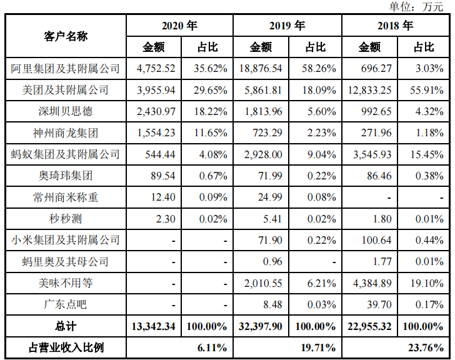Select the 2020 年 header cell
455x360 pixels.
click(x=179, y=26)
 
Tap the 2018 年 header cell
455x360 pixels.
click(x=396, y=26)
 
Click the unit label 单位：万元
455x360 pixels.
click(x=416, y=7)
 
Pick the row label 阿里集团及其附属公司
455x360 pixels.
click(x=66, y=69)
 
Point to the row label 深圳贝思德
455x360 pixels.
click(x=66, y=112)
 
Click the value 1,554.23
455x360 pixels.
click(x=156, y=133)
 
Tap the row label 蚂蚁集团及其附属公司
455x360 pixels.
click(x=66, y=154)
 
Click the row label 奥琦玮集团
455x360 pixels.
click(x=66, y=176)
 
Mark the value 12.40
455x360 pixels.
click(x=163, y=197)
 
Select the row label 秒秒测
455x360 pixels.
click(x=66, y=219)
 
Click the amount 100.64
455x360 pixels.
click(x=377, y=240)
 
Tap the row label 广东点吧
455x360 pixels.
click(x=66, y=304)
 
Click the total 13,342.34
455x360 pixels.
click(x=154, y=326)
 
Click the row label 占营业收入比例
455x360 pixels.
click(x=66, y=347)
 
